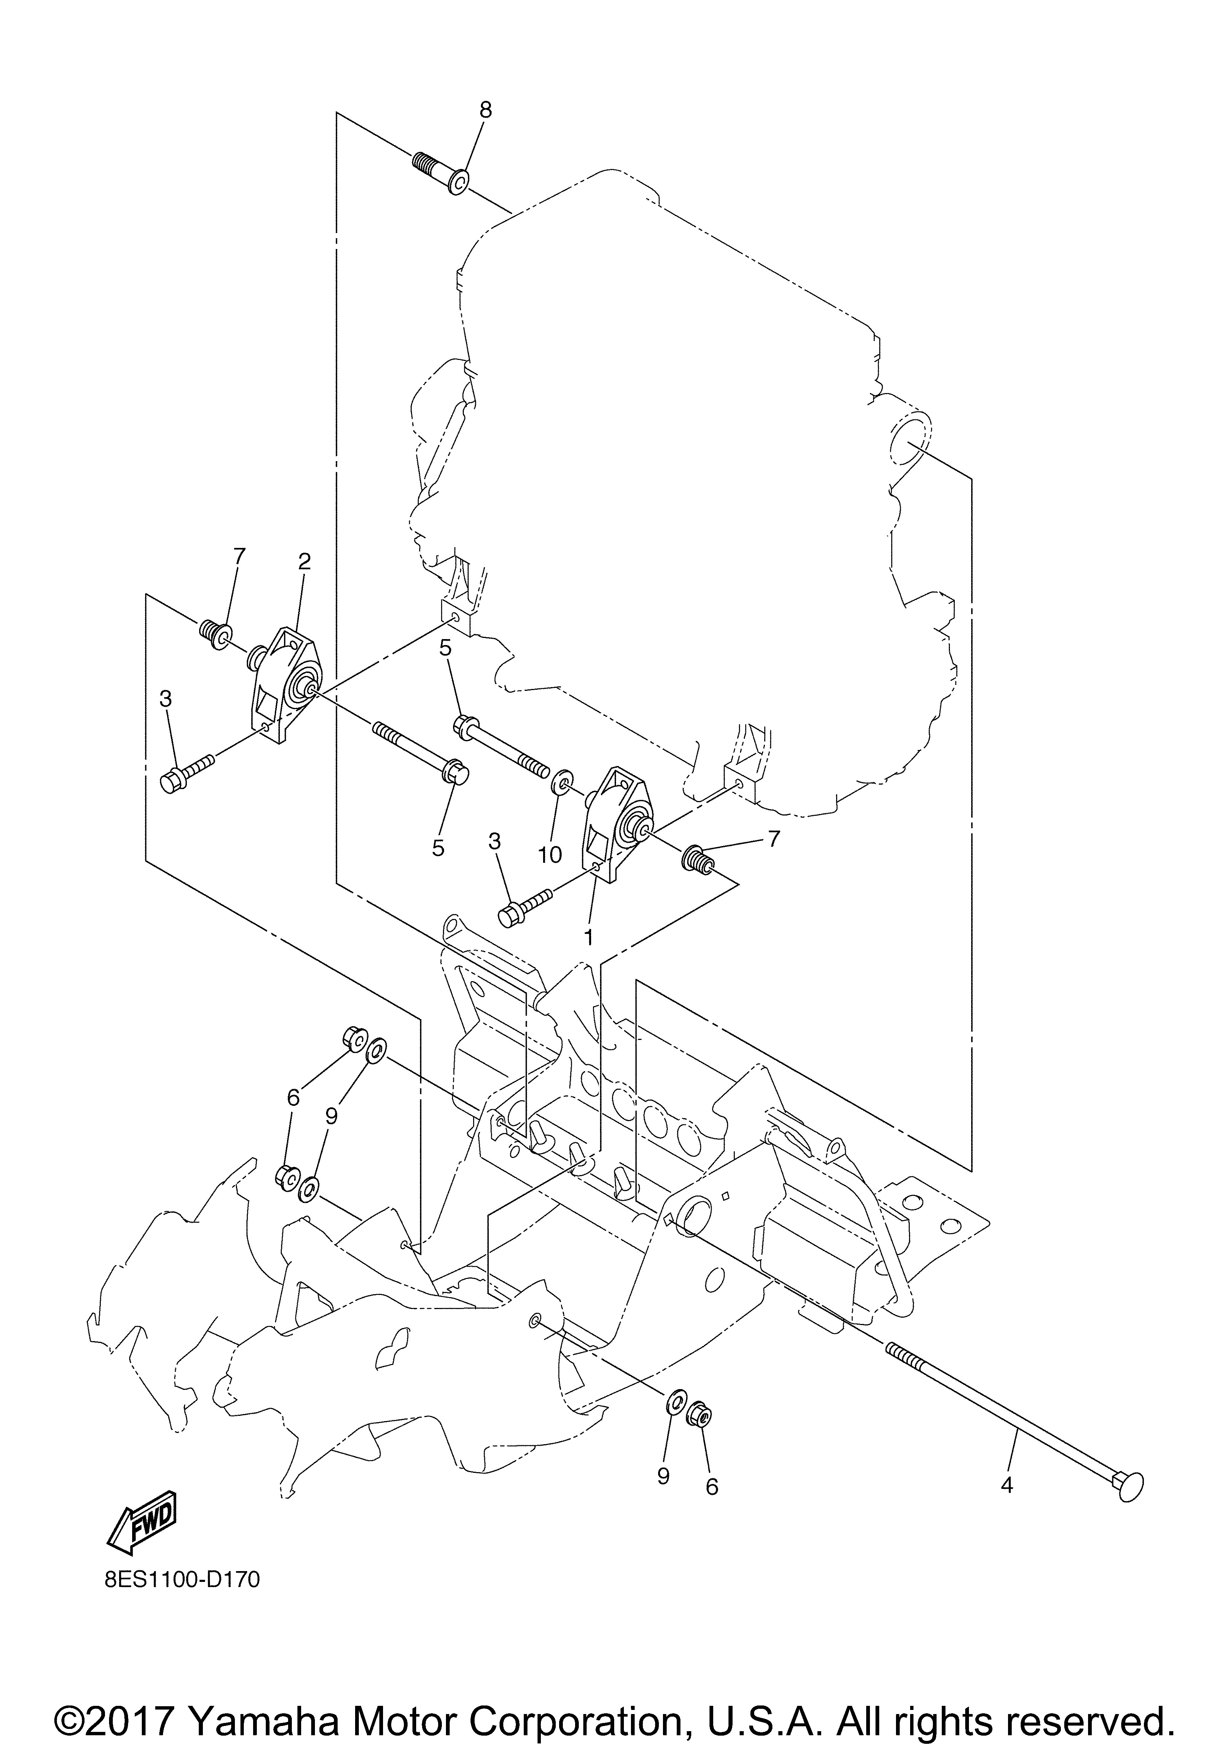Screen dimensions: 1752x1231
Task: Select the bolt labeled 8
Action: click(443, 172)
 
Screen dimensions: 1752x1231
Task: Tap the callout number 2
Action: click(304, 562)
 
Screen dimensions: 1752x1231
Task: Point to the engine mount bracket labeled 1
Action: click(615, 824)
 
